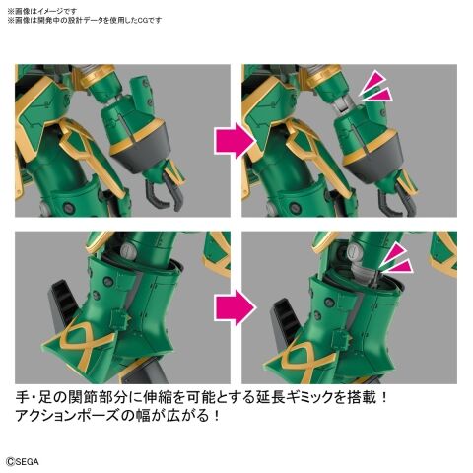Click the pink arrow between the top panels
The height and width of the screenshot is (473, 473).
coord(235,141)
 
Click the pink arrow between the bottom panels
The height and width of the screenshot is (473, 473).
coord(235,307)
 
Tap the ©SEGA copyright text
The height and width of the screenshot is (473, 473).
coord(23,461)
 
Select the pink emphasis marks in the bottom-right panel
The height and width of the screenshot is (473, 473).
coord(396,258)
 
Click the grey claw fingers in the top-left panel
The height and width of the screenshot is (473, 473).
coord(165,192)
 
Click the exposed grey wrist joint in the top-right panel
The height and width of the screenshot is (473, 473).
coord(344,104)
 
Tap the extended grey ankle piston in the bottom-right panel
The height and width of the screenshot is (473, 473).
coord(361,270)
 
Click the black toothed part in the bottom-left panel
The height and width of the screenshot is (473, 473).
coord(62,304)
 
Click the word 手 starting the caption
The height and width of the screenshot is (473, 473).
coord(23,397)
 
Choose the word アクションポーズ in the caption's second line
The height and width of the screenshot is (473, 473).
coord(67,416)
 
